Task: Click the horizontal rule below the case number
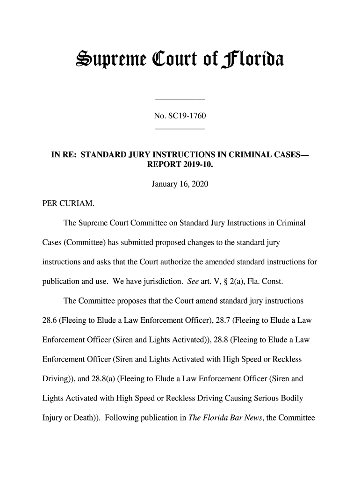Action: tap(180, 128)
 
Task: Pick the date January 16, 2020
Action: tap(180, 186)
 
